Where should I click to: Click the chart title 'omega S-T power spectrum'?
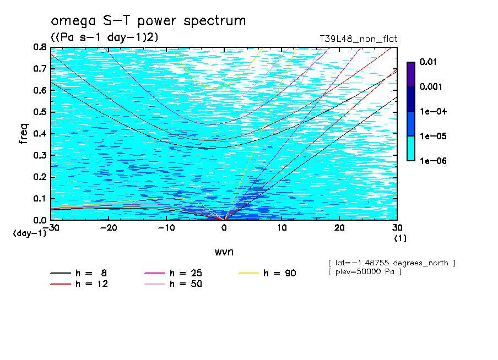point(148,21)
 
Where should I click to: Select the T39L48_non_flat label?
point(359,39)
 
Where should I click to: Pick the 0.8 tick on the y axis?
point(40,47)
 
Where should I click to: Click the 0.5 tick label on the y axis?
point(40,112)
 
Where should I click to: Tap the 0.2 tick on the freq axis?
point(40,177)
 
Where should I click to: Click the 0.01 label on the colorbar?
point(428,62)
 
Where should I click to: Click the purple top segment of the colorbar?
point(410,74)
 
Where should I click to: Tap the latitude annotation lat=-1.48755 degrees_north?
point(392,263)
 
